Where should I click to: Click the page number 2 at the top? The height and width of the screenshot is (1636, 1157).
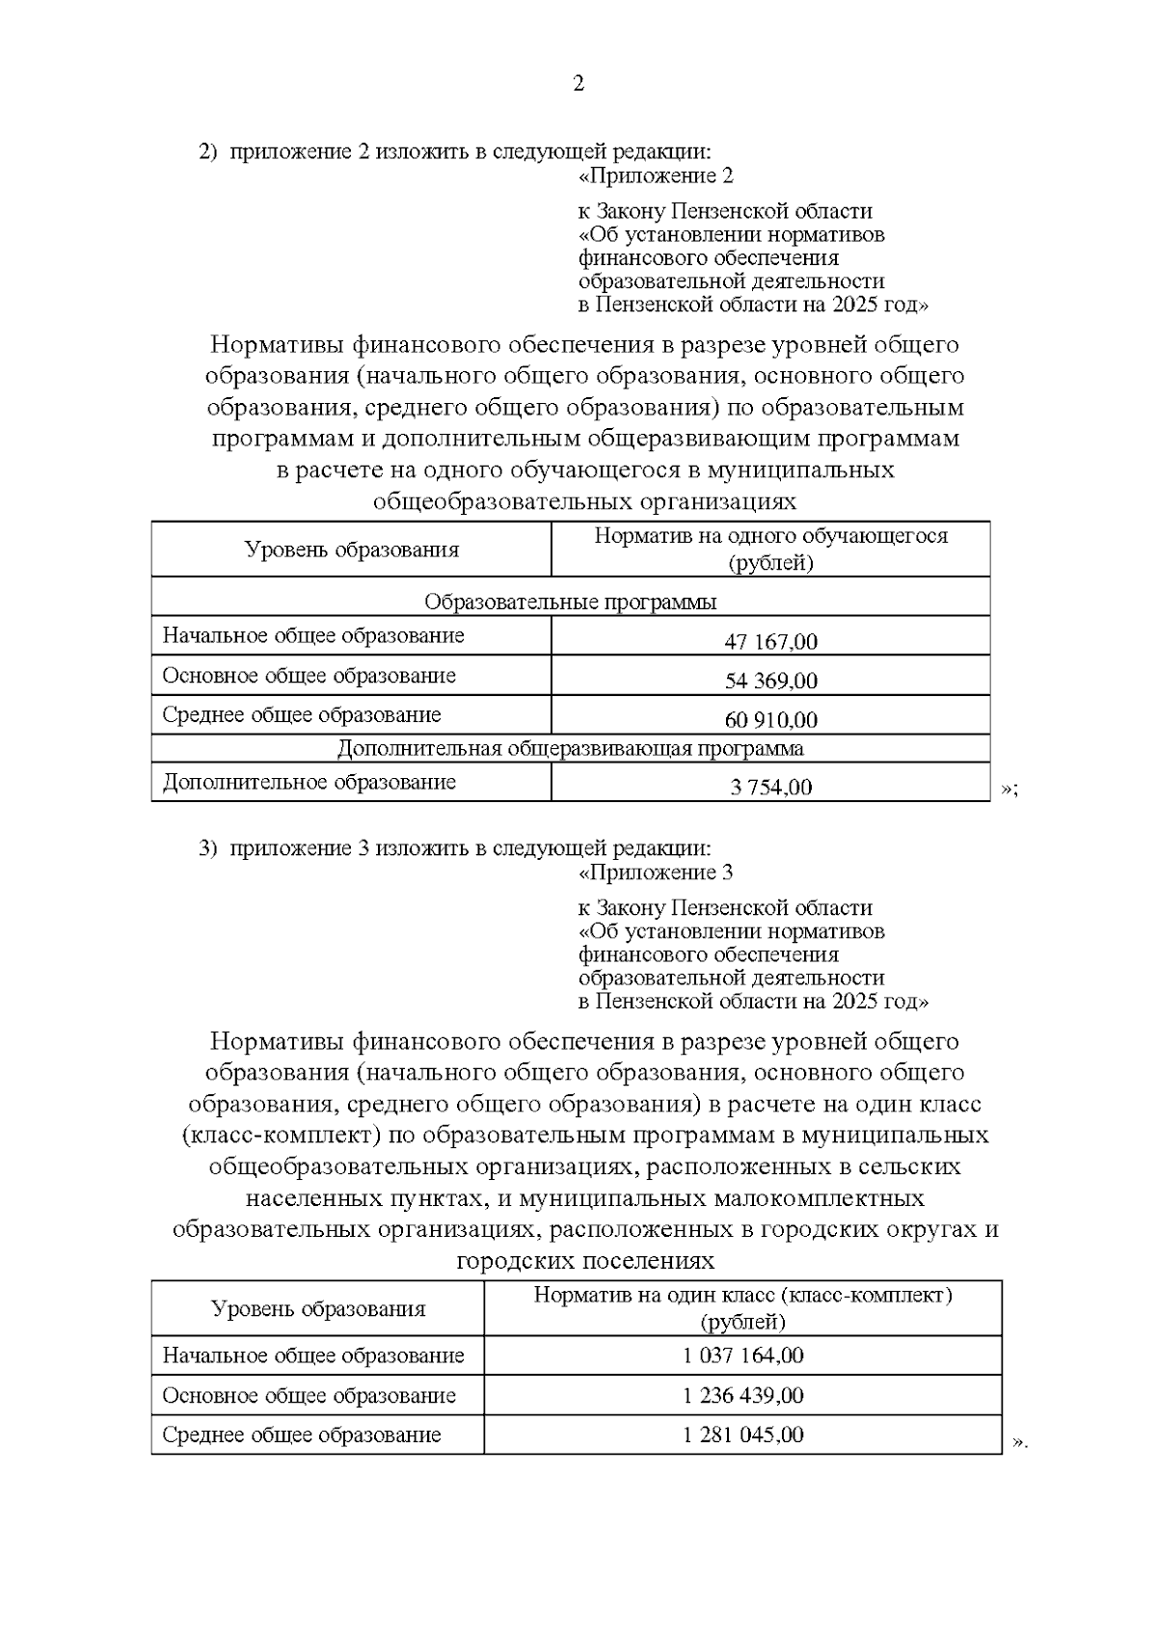click(x=578, y=84)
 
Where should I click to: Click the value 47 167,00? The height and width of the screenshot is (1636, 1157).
click(x=770, y=641)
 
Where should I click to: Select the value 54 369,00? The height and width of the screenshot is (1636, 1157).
click(x=770, y=681)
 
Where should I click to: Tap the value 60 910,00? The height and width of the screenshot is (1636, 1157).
click(x=770, y=720)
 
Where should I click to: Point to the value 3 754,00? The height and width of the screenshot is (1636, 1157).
click(x=770, y=787)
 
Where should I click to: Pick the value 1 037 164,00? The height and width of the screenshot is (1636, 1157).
click(x=742, y=1355)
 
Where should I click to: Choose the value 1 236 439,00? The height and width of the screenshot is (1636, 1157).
click(x=742, y=1395)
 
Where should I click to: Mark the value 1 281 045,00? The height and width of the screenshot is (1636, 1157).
click(x=742, y=1435)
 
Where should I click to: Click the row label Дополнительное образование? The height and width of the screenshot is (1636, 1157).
click(x=309, y=782)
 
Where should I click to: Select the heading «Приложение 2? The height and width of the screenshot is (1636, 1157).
click(x=656, y=176)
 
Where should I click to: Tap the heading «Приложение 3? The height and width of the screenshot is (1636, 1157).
click(x=656, y=873)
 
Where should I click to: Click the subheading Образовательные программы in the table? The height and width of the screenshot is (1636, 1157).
click(x=570, y=603)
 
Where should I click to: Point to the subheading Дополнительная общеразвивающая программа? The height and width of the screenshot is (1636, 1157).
click(x=570, y=748)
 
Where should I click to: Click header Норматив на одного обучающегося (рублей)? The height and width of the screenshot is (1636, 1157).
click(x=770, y=549)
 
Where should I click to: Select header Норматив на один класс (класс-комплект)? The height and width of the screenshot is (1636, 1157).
click(x=742, y=1296)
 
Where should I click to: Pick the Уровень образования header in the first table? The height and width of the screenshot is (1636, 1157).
click(x=351, y=550)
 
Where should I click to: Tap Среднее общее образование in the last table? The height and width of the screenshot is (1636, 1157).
click(x=302, y=1435)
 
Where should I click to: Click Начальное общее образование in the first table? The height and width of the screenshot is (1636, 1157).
click(x=313, y=636)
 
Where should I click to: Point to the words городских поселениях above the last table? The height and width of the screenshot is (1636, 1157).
click(x=585, y=1261)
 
